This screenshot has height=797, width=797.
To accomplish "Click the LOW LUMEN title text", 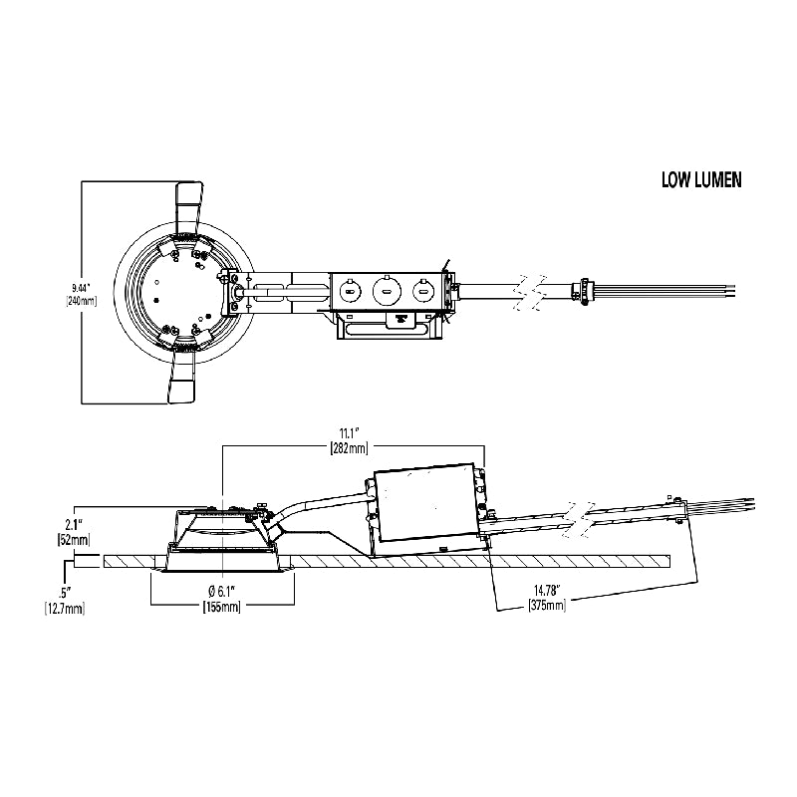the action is [701, 180].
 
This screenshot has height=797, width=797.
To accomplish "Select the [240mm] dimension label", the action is [82, 301].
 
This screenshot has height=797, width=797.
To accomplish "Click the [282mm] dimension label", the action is [350, 447].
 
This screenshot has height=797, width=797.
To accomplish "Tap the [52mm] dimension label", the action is [74, 539].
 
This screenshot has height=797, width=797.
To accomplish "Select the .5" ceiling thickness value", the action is [65, 593].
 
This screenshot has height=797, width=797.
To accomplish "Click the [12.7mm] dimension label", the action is [65, 608].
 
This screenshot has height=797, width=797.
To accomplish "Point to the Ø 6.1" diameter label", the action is [221, 592].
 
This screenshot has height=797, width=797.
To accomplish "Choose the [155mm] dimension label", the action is [221, 606].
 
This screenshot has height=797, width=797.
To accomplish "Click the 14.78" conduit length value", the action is [546, 591].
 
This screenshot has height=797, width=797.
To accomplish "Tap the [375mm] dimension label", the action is [546, 605].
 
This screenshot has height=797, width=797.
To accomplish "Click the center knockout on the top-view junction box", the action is [387, 291].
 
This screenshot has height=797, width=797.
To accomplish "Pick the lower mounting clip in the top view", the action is [180, 375].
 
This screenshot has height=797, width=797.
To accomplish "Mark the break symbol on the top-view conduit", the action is [530, 292].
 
